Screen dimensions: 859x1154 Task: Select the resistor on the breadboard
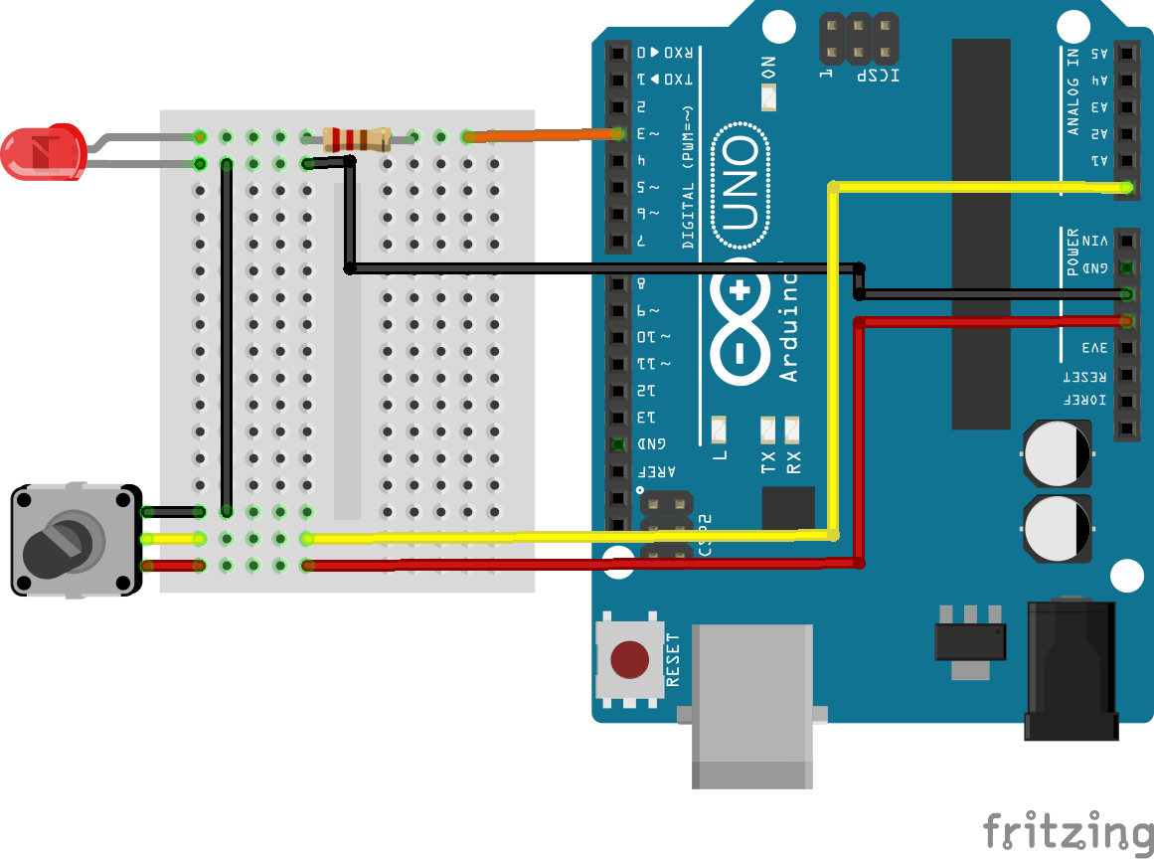coord(356,138)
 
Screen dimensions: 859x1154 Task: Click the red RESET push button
coord(628,658)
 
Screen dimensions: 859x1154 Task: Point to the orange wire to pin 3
coord(542,135)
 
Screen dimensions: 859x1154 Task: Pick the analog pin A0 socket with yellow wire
coord(1126,186)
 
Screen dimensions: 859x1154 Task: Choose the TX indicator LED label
coord(767,462)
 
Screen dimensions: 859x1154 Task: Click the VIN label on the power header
coord(1094,241)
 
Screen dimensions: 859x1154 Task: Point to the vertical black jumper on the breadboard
coord(227,338)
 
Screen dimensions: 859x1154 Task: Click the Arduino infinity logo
coord(740,322)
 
